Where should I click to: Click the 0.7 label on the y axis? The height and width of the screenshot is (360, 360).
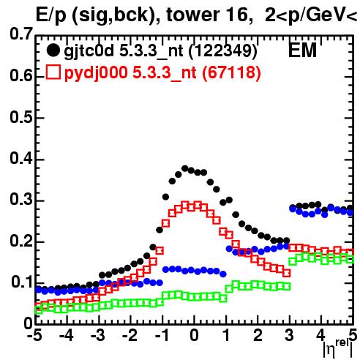click(x=21, y=34)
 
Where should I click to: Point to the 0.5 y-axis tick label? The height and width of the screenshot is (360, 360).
click(x=21, y=117)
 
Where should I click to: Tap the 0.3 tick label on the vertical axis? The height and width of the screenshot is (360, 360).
click(x=21, y=199)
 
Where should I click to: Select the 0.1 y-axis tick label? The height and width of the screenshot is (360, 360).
click(x=22, y=282)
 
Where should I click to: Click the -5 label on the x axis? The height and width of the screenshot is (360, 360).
click(x=34, y=336)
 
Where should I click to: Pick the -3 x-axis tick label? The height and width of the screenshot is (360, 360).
click(x=98, y=336)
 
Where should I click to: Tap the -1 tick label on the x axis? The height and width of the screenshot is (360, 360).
click(x=162, y=336)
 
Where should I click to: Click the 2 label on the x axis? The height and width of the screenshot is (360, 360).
click(x=258, y=336)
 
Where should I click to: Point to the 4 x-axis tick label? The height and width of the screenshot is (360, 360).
click(x=321, y=336)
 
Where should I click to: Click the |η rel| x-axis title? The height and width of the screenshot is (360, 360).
click(x=338, y=348)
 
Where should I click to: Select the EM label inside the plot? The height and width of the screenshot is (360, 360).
click(x=302, y=50)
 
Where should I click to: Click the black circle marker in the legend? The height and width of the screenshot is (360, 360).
click(x=53, y=50)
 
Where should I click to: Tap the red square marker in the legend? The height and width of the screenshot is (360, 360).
click(x=53, y=72)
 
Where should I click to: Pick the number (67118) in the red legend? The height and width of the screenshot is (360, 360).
click(x=231, y=72)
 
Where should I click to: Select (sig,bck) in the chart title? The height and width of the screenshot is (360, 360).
click(x=116, y=16)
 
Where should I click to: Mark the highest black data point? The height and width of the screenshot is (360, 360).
click(x=185, y=168)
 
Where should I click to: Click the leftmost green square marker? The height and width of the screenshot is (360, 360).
click(x=38, y=310)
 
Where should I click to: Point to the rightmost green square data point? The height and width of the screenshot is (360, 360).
click(x=350, y=259)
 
